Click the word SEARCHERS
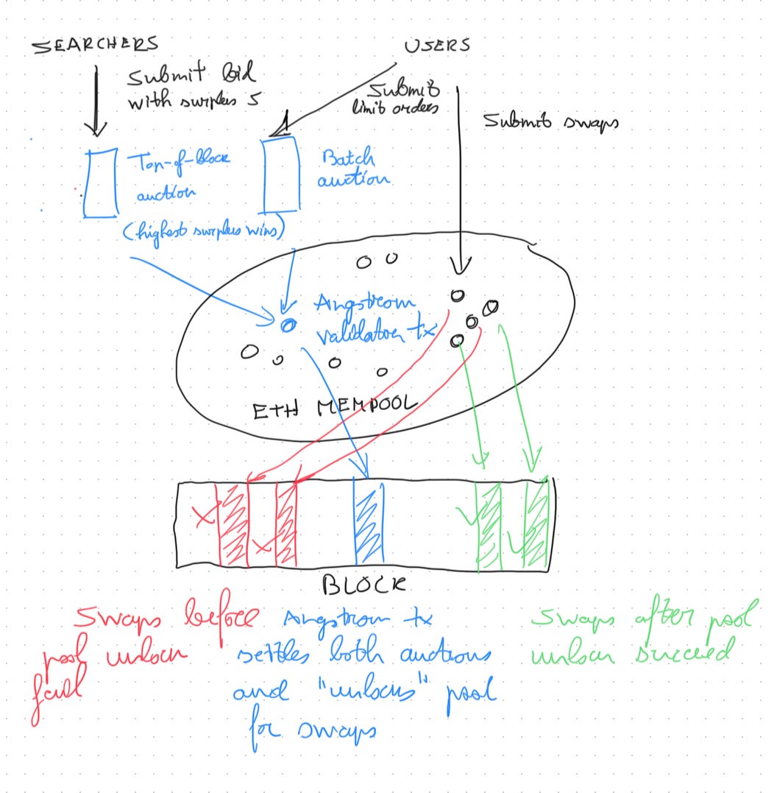tap(94, 46)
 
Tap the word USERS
tap(437, 46)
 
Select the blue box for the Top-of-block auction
tap(99, 183)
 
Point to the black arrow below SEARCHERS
tap(96, 99)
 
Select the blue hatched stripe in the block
tap(369, 521)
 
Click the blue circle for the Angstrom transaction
tap(287, 323)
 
